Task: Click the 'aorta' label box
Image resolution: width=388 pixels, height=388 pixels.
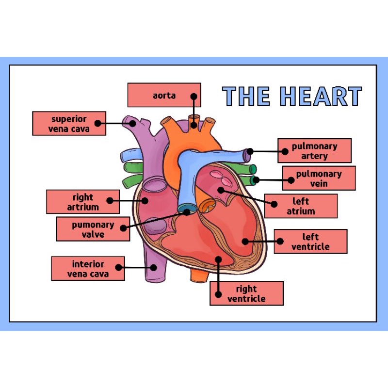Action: [x=164, y=95]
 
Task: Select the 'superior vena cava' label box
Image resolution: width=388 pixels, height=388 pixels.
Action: [x=69, y=124]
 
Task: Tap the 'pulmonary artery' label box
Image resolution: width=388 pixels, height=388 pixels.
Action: [x=314, y=151]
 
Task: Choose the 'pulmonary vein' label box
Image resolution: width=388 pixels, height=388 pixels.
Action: [x=319, y=178]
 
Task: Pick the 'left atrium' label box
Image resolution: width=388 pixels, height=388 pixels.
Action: [x=301, y=206]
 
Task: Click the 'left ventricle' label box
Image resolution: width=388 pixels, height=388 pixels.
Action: [x=310, y=242]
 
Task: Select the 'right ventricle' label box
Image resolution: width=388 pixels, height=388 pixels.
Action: [x=246, y=293]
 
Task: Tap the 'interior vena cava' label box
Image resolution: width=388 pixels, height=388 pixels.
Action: [x=88, y=269]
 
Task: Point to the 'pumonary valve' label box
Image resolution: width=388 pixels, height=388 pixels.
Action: [x=93, y=229]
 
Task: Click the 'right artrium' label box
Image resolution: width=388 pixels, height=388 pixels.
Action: [x=83, y=202]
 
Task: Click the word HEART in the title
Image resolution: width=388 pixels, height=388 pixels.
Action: [x=321, y=97]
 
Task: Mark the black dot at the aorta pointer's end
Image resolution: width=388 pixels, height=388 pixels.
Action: [x=194, y=125]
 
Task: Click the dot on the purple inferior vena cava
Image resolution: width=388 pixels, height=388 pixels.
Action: [x=154, y=267]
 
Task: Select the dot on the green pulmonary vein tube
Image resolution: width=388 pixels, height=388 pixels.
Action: [x=256, y=180]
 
